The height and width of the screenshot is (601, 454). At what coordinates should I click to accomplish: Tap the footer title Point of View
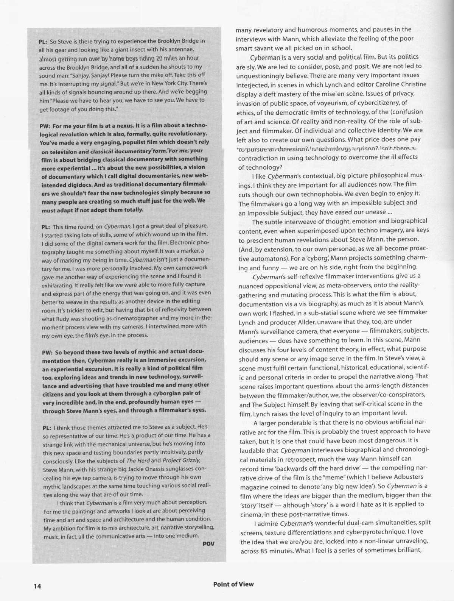tap(233, 584)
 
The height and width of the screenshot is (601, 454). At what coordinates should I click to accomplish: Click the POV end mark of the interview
tap(208, 543)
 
